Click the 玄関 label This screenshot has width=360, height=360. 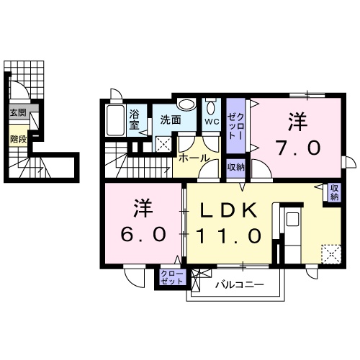[x=18, y=113]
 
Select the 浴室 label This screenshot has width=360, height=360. [x=135, y=118]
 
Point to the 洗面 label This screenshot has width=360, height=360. [x=170, y=120]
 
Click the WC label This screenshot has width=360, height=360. [x=211, y=122]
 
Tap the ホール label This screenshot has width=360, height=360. [x=193, y=158]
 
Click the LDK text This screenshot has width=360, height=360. [x=228, y=210]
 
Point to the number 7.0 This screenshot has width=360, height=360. [x=297, y=147]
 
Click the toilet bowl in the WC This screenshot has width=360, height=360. [x=210, y=108]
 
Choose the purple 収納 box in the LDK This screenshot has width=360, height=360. [x=333, y=193]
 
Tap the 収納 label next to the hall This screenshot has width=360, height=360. [x=235, y=167]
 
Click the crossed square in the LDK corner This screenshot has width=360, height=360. [x=332, y=254]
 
